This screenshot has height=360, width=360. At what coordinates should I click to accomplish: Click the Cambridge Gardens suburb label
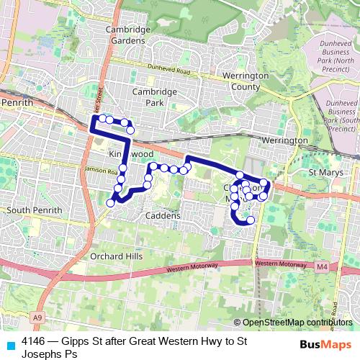pyautogui.click(x=128, y=35)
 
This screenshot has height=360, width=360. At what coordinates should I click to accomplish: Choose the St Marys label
pyautogui.click(x=323, y=174)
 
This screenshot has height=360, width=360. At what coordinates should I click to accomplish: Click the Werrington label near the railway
pyautogui.click(x=281, y=140)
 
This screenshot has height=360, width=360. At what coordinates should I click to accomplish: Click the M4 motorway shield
pyautogui.click(x=321, y=267)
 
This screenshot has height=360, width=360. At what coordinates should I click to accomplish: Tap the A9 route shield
pyautogui.click(x=36, y=316)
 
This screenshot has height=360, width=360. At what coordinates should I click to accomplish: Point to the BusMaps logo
pyautogui.click(x=326, y=345)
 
